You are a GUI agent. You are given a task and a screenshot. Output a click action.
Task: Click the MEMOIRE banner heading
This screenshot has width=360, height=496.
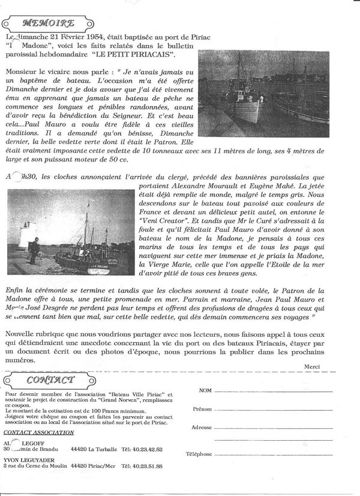click(48, 23)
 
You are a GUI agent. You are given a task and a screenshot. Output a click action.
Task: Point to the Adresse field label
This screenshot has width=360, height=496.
click(201, 428)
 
